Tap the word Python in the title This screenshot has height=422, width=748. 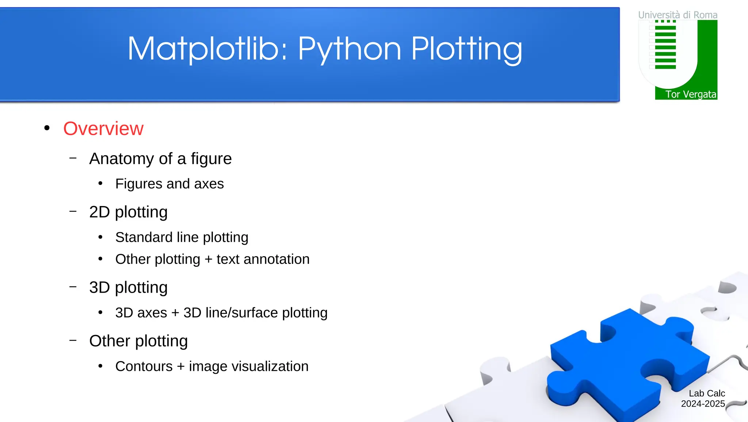coord(350,49)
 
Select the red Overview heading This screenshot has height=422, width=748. coord(103,129)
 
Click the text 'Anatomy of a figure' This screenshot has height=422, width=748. coord(160,159)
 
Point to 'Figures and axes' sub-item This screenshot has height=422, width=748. coord(169,184)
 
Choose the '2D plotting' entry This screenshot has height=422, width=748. coord(128,212)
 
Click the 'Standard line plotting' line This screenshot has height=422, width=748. coord(182,237)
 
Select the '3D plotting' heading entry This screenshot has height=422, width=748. coord(128,288)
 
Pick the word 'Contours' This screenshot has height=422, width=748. coord(144,366)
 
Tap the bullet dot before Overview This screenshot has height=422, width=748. coord(47,128)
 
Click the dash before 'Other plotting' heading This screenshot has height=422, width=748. coord(73,340)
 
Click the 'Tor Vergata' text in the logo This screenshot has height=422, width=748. coord(690,94)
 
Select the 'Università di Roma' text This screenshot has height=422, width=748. coord(678,15)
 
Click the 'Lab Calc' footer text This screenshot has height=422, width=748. coord(707,393)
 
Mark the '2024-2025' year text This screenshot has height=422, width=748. coord(703,404)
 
